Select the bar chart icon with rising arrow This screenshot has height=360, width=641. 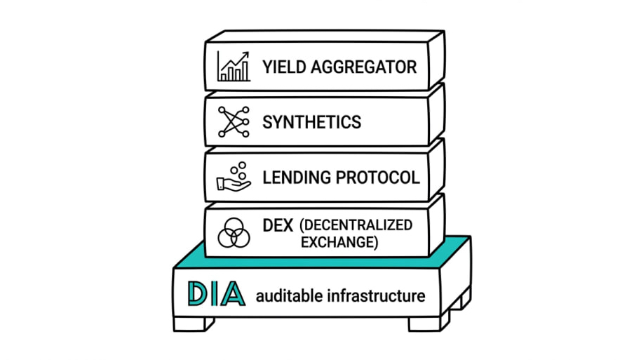[234, 66]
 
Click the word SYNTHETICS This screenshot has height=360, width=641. [312, 122]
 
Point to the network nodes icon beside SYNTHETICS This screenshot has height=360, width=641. [234, 121]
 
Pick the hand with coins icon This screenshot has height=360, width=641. [233, 177]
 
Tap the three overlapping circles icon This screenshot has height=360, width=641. [233, 233]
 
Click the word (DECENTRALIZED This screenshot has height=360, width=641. [356, 226]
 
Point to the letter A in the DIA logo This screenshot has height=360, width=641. [231, 293]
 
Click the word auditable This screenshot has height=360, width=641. [283, 296]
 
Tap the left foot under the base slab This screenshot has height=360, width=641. [194, 323]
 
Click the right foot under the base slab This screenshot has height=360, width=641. [430, 323]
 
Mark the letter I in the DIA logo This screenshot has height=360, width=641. [213, 293]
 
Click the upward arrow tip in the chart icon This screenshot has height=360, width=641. [248, 53]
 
